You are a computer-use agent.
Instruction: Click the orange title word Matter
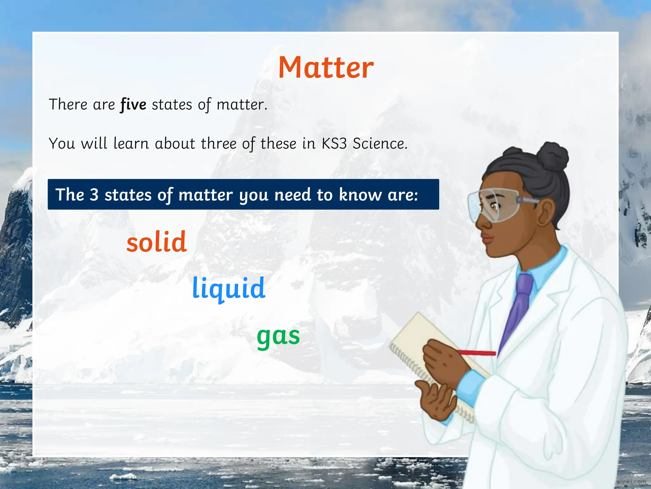pyautogui.click(x=326, y=67)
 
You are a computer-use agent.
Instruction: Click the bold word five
pyautogui.click(x=133, y=105)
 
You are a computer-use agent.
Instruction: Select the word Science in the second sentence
pyautogui.click(x=380, y=144)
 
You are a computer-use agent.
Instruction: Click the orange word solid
pyautogui.click(x=156, y=242)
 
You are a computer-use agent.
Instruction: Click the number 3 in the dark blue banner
pyautogui.click(x=94, y=195)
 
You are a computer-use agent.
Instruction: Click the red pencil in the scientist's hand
pyautogui.click(x=477, y=353)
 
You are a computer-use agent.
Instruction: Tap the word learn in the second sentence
pyautogui.click(x=131, y=144)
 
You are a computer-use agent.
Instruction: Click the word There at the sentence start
pyautogui.click(x=68, y=105)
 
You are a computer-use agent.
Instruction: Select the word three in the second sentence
pyautogui.click(x=219, y=144)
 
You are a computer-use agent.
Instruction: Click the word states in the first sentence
pyautogui.click(x=172, y=105)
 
